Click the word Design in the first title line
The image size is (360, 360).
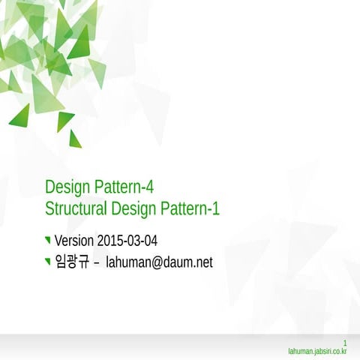[68, 185]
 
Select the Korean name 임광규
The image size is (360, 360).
[71, 262]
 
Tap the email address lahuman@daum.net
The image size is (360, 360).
[159, 262]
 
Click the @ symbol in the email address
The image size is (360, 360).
[159, 262]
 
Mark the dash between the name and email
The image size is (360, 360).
[96, 263]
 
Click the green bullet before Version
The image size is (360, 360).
[48, 240]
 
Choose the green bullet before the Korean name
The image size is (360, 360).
[48, 262]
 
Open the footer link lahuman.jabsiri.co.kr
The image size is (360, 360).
[317, 350]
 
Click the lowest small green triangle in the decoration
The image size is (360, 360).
[74, 139]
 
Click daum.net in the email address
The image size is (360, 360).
[190, 262]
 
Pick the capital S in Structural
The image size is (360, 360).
[49, 208]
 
